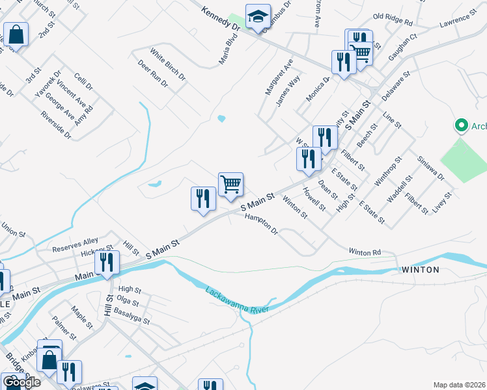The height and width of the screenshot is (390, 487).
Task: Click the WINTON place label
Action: pyautogui.click(x=421, y=269)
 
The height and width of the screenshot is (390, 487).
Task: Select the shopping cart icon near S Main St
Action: pyautogui.click(x=230, y=185)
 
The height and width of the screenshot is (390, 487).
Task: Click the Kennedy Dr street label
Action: pyautogui.click(x=221, y=19)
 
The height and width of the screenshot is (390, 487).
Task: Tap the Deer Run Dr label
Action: pyautogui.click(x=153, y=74)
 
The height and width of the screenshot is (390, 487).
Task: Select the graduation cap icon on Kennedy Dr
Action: pyautogui.click(x=258, y=17)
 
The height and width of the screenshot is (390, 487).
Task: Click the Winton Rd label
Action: pyautogui.click(x=364, y=252)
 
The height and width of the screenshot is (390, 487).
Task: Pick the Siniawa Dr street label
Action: pyautogui.click(x=431, y=167)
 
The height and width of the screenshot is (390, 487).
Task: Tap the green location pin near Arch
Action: pyautogui.click(x=462, y=125)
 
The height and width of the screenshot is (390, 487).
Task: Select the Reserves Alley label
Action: pyautogui.click(x=76, y=247)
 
